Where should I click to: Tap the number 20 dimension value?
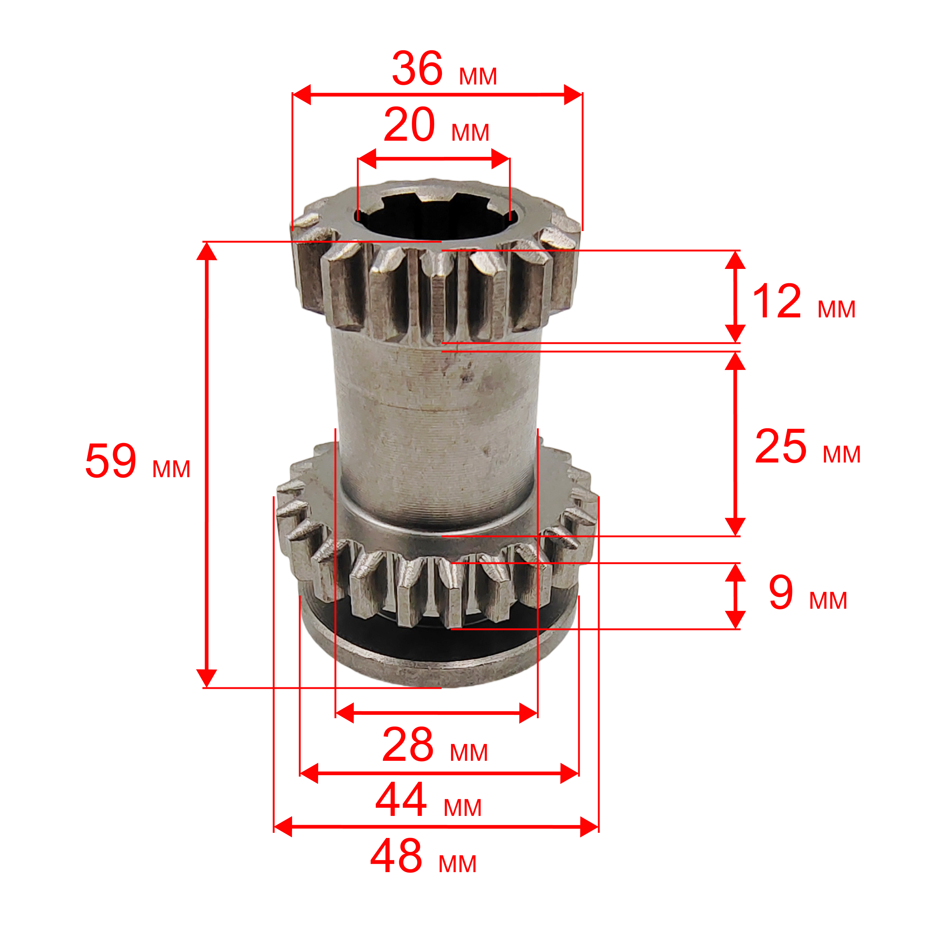[x=409, y=125]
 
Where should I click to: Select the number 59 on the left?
[x=111, y=461]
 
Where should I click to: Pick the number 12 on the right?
[x=777, y=302]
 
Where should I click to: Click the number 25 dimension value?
[x=781, y=446]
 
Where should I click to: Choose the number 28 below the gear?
[x=408, y=744]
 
